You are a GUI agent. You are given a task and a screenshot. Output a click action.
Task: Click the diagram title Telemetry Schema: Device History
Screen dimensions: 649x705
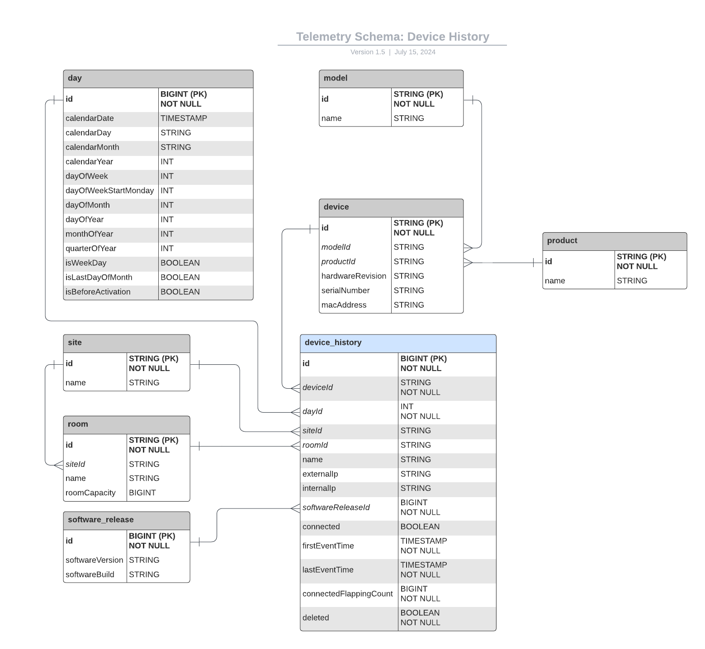pos(393,37)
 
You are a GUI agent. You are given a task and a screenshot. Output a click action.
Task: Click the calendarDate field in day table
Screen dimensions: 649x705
pos(90,118)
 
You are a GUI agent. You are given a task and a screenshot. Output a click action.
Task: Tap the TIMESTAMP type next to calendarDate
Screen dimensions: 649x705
pos(184,118)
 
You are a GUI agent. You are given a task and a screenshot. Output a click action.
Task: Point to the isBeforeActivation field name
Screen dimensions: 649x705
pos(98,292)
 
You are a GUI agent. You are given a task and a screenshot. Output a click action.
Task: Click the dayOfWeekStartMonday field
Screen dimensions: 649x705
pos(109,191)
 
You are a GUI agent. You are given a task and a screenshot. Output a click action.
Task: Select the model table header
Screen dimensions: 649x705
pos(391,78)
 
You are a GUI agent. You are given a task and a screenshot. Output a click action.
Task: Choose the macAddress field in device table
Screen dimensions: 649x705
pos(344,305)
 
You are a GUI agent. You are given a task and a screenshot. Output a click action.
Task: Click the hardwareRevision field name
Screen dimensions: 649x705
pos(354,276)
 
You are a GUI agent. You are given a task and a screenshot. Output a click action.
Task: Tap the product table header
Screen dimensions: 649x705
pos(614,241)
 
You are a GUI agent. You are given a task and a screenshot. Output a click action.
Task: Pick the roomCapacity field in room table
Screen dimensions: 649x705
pos(90,493)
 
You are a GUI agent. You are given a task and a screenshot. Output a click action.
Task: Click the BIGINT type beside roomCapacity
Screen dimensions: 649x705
pos(142,493)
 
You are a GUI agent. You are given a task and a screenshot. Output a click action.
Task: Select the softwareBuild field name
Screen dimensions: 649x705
pos(90,575)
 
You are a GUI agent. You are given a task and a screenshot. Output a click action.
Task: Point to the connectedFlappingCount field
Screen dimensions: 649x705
pos(347,594)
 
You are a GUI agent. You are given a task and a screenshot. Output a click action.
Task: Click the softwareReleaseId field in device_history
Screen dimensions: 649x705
pos(336,508)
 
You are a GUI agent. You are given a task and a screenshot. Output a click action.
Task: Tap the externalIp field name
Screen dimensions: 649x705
pos(320,474)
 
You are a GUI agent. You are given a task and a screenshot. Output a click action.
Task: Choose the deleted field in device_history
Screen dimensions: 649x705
pos(316,618)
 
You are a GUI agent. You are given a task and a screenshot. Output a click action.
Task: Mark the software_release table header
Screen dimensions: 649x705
pos(126,520)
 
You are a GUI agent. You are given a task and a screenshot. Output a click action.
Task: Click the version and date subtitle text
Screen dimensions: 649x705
pos(393,52)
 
